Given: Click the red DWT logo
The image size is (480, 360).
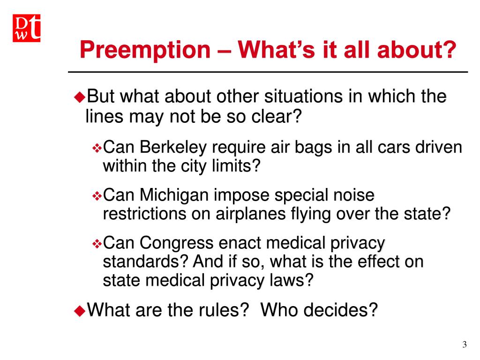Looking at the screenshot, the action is tap(27, 28).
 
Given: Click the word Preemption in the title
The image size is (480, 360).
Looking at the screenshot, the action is tap(145, 50).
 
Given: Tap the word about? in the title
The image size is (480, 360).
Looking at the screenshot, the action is tap(417, 49).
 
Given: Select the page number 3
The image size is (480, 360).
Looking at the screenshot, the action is tap(465, 345).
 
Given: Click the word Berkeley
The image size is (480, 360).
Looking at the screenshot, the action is tap(173, 148).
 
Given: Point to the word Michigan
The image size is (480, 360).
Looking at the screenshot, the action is tap(174, 195).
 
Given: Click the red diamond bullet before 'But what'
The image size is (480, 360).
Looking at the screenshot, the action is tap(80, 97).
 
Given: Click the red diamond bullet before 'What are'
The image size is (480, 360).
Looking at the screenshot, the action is tap(80, 311).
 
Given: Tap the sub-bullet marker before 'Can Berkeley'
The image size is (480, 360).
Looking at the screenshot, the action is tap(97, 149).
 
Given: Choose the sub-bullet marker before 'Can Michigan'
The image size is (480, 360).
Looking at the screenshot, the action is tap(97, 196).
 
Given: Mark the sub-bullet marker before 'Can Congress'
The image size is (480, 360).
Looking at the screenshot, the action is tap(97, 244).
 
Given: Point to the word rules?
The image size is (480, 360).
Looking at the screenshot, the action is tap(224, 310).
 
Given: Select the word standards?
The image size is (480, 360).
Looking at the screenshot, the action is tap(146, 262).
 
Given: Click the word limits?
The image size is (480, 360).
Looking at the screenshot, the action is tap(236, 166).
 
